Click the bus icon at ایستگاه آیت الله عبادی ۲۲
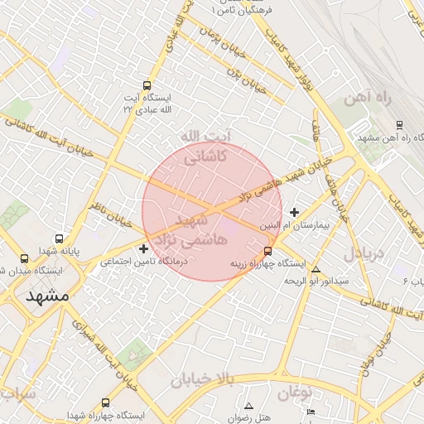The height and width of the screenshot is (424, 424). coord(147,85)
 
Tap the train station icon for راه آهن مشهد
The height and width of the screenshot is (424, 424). coord(399,124)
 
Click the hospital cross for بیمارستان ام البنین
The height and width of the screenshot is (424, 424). coord(294,212)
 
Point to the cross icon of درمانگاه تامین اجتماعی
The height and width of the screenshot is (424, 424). coord(144,248)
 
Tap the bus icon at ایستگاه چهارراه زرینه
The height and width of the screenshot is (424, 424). coord(267,251)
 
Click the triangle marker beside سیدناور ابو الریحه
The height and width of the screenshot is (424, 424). coord(316,269)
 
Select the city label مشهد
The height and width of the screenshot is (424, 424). coord(47,295)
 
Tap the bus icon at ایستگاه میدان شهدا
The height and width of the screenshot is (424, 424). coord(22,258)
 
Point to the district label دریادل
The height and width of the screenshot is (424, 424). coord(364,253)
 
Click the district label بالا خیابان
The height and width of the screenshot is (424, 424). coord(203,380)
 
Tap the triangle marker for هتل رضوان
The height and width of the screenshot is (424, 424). coord(248,406)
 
